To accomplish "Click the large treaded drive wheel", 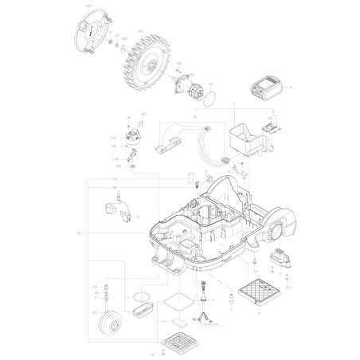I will (x=145, y=61).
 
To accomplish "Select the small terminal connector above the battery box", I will (x=271, y=124).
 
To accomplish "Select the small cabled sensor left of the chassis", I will (x=116, y=215).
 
